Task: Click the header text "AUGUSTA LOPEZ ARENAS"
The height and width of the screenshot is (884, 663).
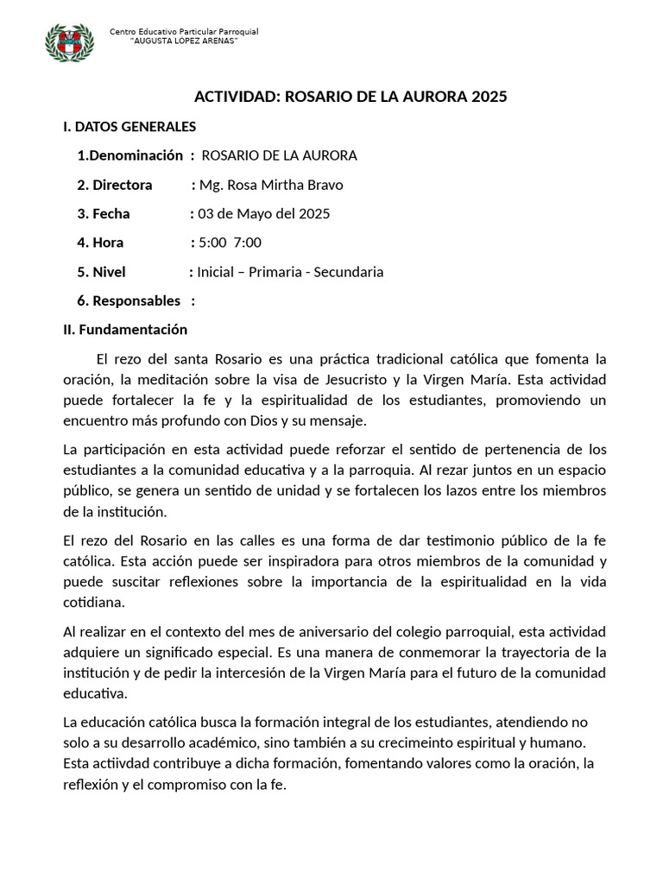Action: [182, 41]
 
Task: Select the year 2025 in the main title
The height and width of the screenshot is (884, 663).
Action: [489, 97]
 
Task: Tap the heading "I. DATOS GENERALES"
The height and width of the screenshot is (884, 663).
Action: [129, 127]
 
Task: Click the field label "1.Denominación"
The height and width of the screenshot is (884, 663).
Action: [129, 155]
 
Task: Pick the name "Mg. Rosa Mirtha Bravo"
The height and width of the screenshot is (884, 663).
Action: [271, 185]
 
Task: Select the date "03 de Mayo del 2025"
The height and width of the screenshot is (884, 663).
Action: [263, 214]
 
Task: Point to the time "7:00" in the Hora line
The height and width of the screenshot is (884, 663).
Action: [248, 243]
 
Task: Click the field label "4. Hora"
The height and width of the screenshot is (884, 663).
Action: [100, 243]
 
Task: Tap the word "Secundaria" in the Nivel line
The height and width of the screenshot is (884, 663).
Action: [348, 272]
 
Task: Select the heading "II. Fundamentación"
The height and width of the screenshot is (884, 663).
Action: [125, 330]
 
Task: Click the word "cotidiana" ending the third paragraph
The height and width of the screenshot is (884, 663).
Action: [93, 602]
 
